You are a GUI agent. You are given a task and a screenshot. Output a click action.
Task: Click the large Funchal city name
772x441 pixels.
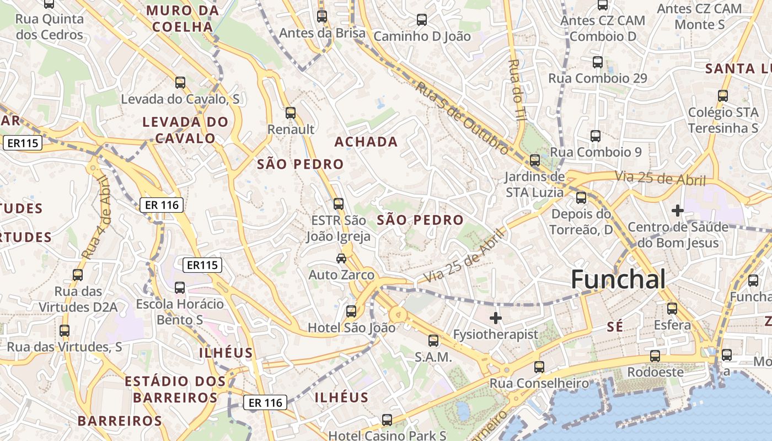tap(618, 279)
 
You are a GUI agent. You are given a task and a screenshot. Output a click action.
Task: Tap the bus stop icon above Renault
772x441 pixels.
tap(291, 113)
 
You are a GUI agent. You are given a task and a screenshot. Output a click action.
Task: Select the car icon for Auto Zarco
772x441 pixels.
tap(341, 258)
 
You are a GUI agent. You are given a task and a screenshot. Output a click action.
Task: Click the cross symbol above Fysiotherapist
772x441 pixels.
tap(496, 318)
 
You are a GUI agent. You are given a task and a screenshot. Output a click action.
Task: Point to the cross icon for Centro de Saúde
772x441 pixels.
tap(678, 211)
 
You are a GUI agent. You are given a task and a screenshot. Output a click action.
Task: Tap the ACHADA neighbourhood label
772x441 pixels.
tap(366, 142)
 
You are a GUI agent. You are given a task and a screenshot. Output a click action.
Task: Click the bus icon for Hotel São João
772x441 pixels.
tap(351, 311)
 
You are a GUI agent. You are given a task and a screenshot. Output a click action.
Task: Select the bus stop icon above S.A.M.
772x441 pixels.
tap(433, 341)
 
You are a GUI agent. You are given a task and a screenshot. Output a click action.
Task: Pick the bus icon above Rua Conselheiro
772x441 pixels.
tap(539, 367)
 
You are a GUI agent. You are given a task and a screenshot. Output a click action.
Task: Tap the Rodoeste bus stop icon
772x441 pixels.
tap(655, 356)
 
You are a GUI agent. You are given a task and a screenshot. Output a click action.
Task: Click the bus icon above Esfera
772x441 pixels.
tap(672, 309)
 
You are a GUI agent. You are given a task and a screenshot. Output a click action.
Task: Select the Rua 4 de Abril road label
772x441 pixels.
tap(98, 217)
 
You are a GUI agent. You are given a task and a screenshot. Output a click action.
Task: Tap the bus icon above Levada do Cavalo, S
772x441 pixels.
tap(180, 83)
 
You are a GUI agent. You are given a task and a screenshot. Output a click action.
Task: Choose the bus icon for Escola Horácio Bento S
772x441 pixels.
tap(180, 288)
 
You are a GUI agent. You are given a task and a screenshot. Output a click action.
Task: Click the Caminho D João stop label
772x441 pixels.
tap(422, 36)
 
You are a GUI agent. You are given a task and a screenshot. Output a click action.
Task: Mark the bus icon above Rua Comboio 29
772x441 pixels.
tap(598, 62)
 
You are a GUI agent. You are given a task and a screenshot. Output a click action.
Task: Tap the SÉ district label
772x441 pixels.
tap(615, 327)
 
